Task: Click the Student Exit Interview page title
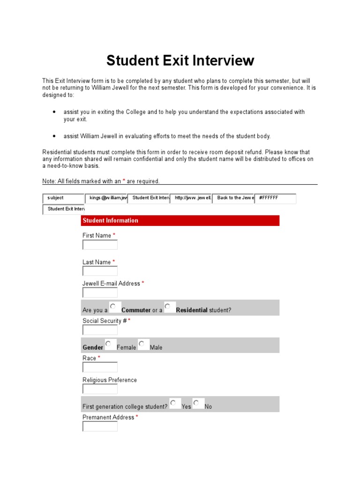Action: (180, 60)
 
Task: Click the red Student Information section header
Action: (180, 220)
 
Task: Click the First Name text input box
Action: (100, 245)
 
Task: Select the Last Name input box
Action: (100, 271)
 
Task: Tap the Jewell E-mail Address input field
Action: (100, 292)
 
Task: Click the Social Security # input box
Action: (100, 330)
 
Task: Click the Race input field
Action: (100, 367)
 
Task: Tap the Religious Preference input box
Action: (100, 389)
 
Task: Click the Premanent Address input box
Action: (100, 426)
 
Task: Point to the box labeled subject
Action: (63, 198)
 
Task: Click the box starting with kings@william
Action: (106, 198)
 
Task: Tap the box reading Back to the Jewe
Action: (233, 198)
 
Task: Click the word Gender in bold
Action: (93, 347)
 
